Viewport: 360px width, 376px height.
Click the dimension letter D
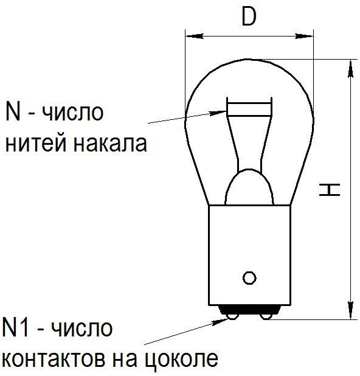click(249, 16)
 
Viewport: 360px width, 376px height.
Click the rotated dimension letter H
click(330, 190)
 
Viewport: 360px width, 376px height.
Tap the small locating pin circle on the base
click(249, 278)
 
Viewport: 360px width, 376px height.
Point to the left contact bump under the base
click(232, 316)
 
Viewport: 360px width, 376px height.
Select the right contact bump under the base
click(266, 316)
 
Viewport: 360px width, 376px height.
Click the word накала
click(110, 144)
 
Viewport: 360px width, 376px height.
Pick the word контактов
click(55, 360)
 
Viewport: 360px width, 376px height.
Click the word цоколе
click(182, 360)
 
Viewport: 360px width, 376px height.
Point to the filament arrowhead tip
click(227, 111)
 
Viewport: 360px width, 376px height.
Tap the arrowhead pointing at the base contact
click(227, 318)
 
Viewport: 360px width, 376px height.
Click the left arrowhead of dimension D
click(186, 37)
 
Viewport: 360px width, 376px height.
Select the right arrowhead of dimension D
click(313, 37)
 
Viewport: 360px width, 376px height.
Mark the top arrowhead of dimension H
click(350, 60)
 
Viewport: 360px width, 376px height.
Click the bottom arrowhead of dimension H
click(350, 319)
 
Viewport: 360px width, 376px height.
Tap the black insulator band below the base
click(249, 310)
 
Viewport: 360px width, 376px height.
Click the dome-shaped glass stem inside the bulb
click(249, 187)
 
